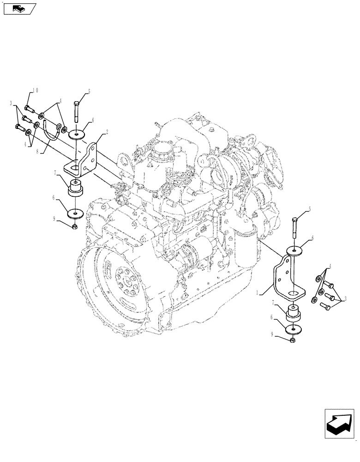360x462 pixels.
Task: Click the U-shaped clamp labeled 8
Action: click(52, 130)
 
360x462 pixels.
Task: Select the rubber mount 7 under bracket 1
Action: click(294, 314)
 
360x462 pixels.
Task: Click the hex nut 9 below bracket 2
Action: click(75, 226)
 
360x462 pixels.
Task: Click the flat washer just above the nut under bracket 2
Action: click(75, 214)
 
